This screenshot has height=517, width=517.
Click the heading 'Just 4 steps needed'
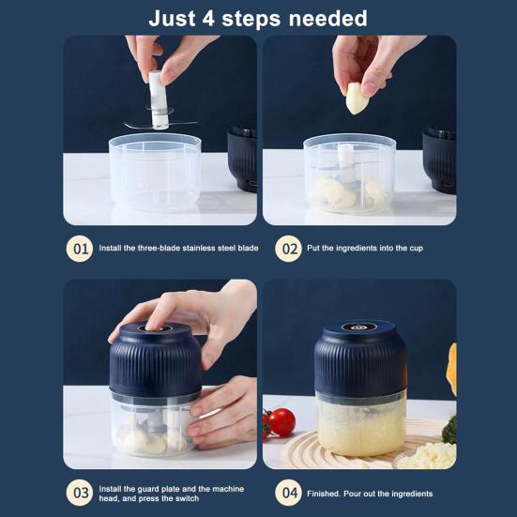click(x=258, y=18)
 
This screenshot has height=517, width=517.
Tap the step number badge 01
click(x=80, y=249)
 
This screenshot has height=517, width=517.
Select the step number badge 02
click(x=287, y=249)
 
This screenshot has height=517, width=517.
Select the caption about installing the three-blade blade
click(x=178, y=249)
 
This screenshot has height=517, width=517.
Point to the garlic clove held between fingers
click(x=357, y=98)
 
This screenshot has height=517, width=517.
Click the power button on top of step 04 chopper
click(x=359, y=327)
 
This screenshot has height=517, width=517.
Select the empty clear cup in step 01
click(x=155, y=174)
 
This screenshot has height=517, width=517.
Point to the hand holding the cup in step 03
click(x=225, y=413)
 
